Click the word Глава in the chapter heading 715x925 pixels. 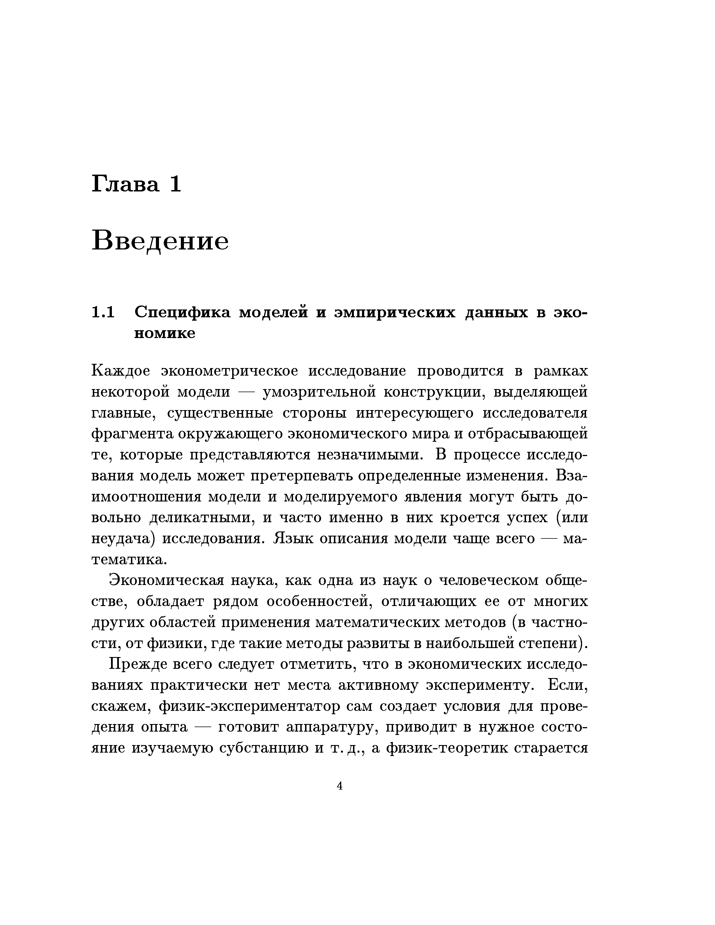coord(125,185)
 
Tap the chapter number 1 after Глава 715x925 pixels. coord(175,185)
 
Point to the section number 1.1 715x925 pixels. coord(103,312)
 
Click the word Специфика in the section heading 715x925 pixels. coord(183,312)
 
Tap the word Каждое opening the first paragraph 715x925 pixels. coord(121,371)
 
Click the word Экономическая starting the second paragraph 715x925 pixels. coord(166,580)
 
